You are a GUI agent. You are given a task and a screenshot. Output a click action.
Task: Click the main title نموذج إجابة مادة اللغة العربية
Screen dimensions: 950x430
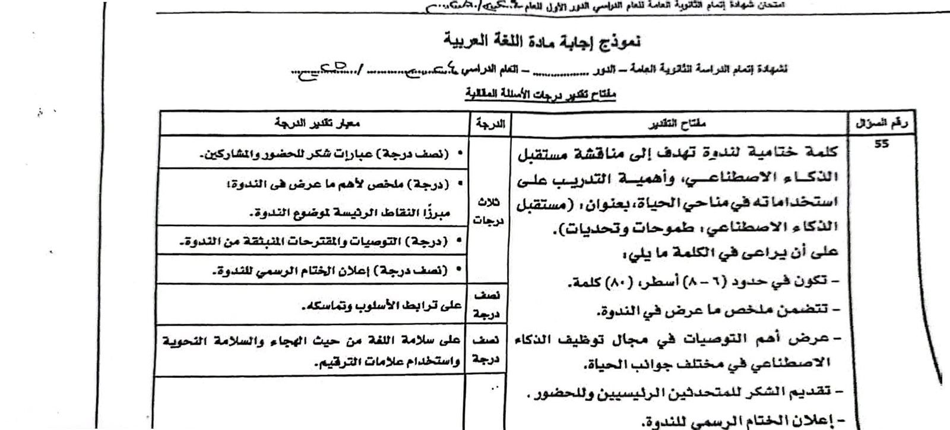click(x=543, y=42)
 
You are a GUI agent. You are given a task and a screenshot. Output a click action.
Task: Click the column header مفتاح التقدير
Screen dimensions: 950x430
click(x=680, y=124)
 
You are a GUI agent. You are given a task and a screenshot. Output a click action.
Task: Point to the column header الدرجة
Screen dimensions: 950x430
click(x=489, y=124)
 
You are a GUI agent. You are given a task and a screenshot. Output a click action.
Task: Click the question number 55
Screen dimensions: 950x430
click(x=881, y=144)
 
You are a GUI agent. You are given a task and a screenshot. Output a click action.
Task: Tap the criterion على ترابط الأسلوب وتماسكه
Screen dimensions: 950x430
click(x=380, y=306)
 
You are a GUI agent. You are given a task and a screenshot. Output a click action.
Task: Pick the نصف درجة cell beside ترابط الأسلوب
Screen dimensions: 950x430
click(x=489, y=302)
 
